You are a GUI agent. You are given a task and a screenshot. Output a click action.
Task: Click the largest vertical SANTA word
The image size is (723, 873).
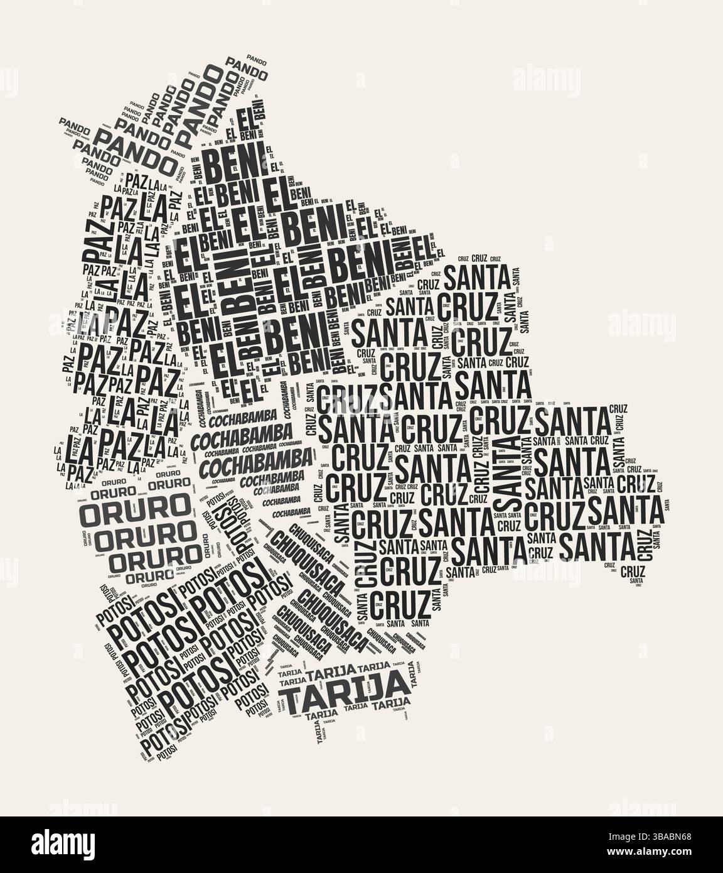[507, 472]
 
